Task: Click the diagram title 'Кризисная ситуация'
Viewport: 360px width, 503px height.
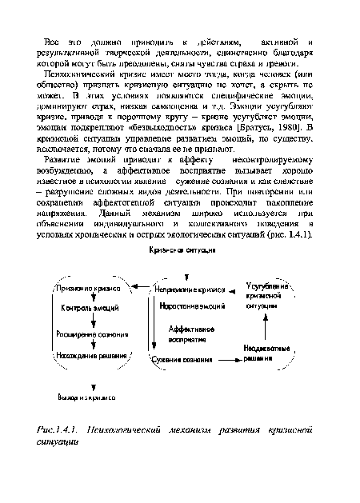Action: coord(179,228)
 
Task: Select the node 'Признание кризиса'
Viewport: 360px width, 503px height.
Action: coord(88,265)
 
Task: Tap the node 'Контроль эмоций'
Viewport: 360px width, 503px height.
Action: coord(89,285)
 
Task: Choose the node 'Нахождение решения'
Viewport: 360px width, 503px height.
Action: coord(90,355)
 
